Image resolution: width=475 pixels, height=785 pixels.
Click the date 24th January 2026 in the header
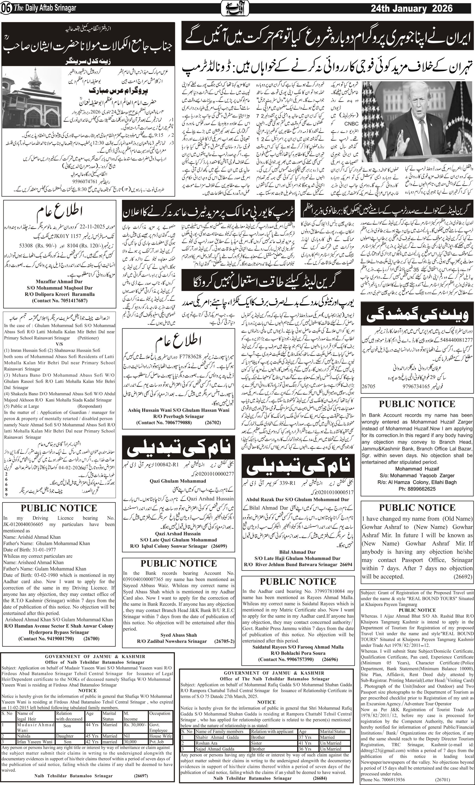click(411, 8)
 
